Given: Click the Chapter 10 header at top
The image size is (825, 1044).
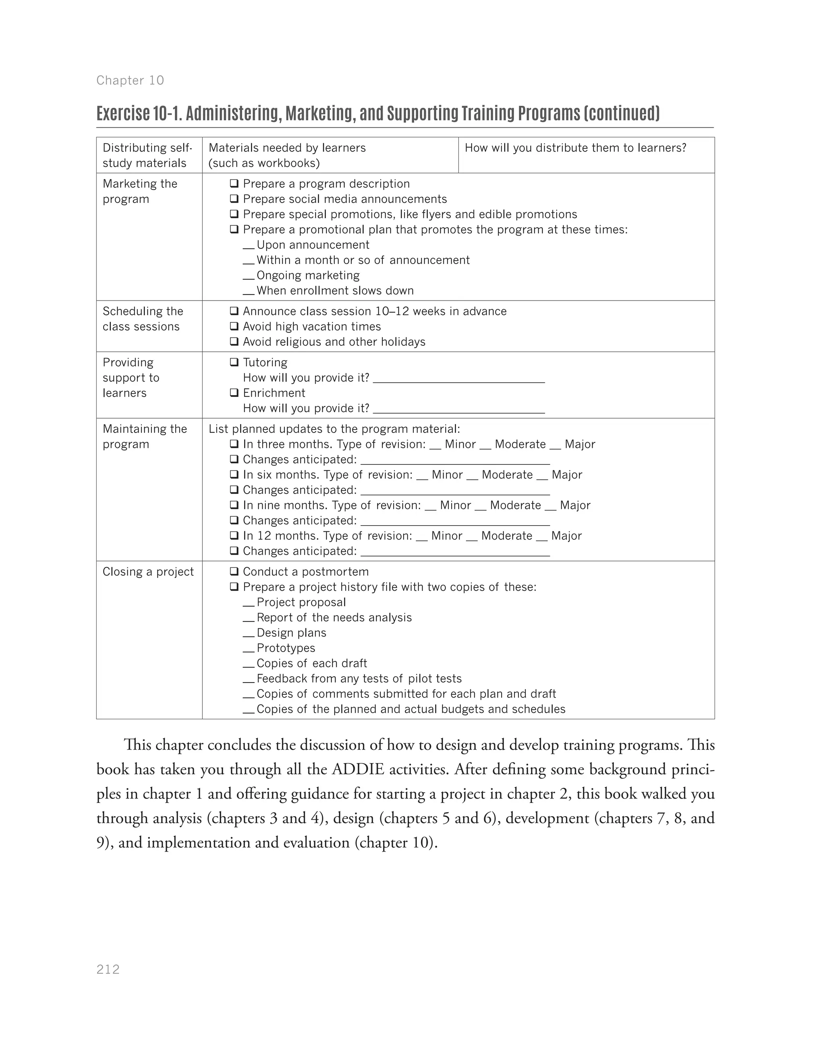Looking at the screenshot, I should (x=130, y=80).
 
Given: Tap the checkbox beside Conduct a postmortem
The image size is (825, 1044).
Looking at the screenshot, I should (x=234, y=572).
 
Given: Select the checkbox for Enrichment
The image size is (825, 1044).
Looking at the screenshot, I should (x=234, y=392).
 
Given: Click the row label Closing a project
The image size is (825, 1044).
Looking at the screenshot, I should (x=148, y=572).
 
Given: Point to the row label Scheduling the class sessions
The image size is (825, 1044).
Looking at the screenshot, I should (x=143, y=319).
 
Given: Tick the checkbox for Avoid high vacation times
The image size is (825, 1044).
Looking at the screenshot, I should (x=234, y=326).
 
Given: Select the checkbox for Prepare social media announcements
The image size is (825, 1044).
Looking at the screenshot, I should (x=234, y=199).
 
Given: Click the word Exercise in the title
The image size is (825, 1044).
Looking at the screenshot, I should (x=123, y=113).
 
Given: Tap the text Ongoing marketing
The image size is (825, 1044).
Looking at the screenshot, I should (x=308, y=275).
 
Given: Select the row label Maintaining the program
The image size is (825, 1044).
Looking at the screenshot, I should (x=145, y=436).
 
